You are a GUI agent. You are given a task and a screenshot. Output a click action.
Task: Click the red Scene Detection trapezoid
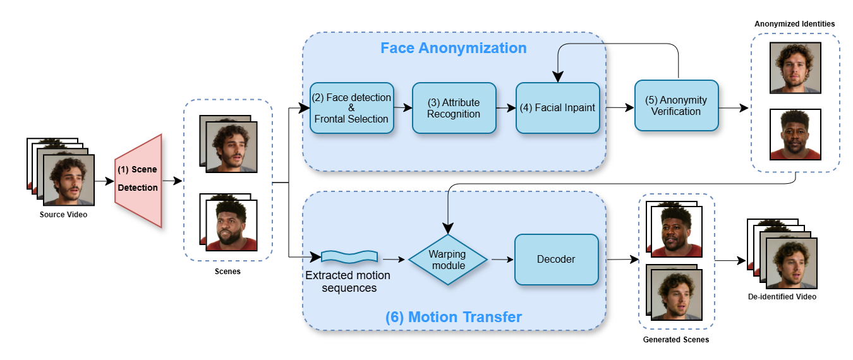(x=138, y=180)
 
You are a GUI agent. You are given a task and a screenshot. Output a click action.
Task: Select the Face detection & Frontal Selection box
(x=351, y=108)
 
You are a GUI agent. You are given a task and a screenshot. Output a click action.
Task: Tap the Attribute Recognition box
(x=454, y=108)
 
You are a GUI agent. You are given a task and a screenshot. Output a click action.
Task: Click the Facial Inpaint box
(x=557, y=108)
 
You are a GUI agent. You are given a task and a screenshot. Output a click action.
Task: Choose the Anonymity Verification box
(x=676, y=105)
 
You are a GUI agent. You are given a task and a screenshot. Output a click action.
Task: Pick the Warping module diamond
(x=447, y=260)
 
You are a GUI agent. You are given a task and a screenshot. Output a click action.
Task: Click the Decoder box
(x=556, y=260)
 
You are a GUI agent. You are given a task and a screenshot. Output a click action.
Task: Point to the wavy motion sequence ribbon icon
(x=349, y=256)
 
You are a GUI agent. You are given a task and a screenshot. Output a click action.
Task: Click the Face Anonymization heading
(x=453, y=48)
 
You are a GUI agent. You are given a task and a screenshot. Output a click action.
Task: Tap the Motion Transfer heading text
(x=454, y=316)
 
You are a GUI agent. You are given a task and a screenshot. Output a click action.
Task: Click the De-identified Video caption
(x=782, y=296)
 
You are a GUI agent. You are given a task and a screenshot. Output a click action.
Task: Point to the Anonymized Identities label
(x=794, y=24)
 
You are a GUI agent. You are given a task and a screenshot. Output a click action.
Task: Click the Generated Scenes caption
(x=675, y=340)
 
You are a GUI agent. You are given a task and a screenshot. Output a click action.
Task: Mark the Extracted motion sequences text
(x=348, y=282)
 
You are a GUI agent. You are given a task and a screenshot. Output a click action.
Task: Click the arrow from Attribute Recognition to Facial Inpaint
(x=505, y=108)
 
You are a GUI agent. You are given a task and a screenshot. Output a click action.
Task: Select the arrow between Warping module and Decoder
(x=501, y=259)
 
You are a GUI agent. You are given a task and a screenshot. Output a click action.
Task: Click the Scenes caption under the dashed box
(x=227, y=272)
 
